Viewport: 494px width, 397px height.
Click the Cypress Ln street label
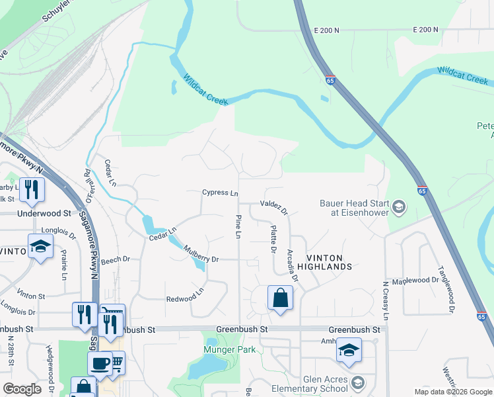point(219,193)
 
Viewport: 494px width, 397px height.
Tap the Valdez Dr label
point(274,208)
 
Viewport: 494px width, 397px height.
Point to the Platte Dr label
point(273,239)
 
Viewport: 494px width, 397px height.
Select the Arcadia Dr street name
point(291,265)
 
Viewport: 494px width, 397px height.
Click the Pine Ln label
point(237,226)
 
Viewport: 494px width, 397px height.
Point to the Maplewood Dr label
point(415,281)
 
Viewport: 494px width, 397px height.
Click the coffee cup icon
point(101,363)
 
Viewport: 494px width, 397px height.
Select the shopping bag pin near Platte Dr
point(280,298)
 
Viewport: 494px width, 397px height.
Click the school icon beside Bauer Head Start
point(398,208)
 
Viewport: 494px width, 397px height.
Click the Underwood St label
point(44,214)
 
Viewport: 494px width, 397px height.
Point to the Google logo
point(22,389)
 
